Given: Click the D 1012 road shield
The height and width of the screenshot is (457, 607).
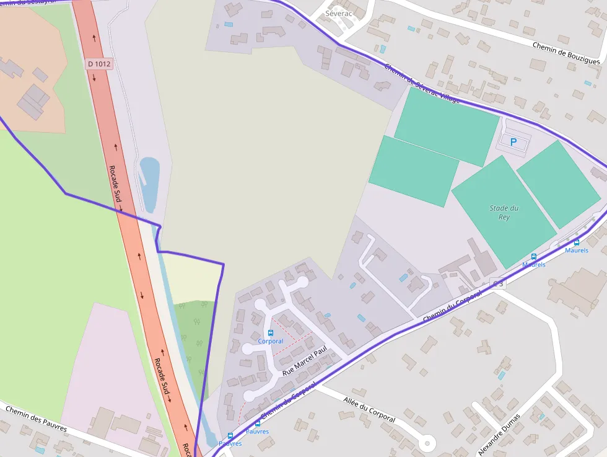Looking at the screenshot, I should (x=98, y=63).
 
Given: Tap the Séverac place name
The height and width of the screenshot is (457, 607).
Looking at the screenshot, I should (x=338, y=13).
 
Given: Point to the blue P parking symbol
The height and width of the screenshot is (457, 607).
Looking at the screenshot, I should (x=513, y=142).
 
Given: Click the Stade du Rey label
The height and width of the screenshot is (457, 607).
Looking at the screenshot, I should (x=504, y=213).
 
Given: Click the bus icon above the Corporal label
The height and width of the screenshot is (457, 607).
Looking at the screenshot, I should (x=270, y=333).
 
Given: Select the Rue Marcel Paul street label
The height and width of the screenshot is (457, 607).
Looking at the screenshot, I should (x=304, y=362).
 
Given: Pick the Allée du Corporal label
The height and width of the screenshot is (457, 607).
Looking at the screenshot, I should (x=369, y=410).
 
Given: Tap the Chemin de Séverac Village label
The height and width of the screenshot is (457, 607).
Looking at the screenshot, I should (x=422, y=84).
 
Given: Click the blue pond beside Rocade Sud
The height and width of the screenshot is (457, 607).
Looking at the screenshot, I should (x=149, y=183).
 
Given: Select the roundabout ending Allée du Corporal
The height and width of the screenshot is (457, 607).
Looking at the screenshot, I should (x=426, y=443).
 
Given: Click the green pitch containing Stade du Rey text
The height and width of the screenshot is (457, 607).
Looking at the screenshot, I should (x=503, y=211).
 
